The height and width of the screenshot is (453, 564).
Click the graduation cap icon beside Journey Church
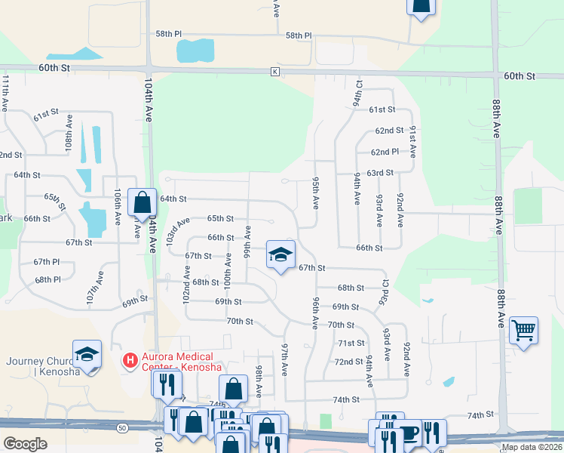(x=87, y=354)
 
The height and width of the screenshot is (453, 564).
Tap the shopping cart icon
(x=523, y=330)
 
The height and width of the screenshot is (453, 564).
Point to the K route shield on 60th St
(x=275, y=72)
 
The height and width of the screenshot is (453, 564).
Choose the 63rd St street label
(x=380, y=173)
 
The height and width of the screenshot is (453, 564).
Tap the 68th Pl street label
(x=47, y=279)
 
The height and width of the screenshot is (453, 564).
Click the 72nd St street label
(x=348, y=362)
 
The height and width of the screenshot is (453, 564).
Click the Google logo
(x=25, y=444)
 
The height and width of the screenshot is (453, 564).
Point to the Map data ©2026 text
(x=531, y=447)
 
